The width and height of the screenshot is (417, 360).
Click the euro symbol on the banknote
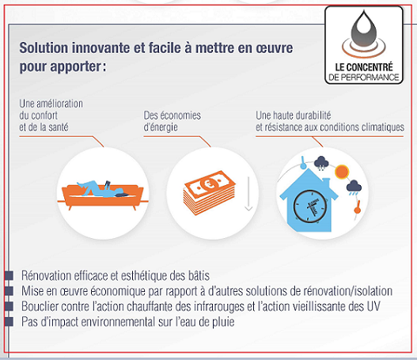[x=207, y=184]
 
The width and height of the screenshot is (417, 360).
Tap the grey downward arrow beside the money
[x=248, y=194]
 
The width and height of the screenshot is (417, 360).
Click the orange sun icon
[x=342, y=171]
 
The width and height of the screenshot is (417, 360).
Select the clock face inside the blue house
[x=310, y=206]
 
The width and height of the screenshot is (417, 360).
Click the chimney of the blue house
[x=326, y=183]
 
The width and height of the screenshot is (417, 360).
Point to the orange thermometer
[x=358, y=207]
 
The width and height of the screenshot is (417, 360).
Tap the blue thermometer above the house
[x=303, y=163]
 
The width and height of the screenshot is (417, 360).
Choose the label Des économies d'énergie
[x=172, y=121]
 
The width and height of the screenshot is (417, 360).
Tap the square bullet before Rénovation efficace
[x=9, y=275]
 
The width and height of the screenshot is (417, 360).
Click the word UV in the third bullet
[x=373, y=306]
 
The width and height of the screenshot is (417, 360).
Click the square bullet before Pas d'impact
[x=9, y=322]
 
